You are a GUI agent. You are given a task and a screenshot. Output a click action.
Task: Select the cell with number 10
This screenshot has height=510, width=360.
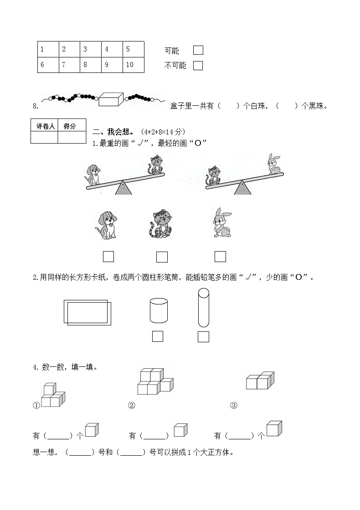[x=133, y=65]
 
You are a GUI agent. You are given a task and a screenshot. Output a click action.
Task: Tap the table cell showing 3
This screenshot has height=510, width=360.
[x=91, y=49]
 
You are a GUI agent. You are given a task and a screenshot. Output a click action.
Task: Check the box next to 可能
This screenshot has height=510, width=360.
[x=198, y=50]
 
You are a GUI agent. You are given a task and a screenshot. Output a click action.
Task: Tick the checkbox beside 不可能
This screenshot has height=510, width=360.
[x=198, y=66]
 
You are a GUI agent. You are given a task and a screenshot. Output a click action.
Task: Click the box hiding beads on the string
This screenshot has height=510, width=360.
[x=111, y=99]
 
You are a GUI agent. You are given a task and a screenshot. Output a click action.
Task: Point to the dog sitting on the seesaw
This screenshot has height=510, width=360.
[x=93, y=174]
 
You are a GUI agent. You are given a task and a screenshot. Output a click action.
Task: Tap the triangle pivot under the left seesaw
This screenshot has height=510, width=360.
[x=123, y=188]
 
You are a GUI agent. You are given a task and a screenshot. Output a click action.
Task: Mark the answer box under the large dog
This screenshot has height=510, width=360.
[x=108, y=257]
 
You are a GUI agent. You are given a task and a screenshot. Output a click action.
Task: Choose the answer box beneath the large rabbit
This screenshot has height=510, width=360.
[x=220, y=257]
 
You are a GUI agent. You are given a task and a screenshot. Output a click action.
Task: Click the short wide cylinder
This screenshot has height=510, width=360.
[x=159, y=311]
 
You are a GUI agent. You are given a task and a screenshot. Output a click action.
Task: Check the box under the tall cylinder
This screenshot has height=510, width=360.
[x=204, y=337]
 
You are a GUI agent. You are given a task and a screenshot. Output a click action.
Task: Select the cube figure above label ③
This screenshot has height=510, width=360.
[x=260, y=380]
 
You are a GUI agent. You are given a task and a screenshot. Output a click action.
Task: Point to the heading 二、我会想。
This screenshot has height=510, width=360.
[x=113, y=132]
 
